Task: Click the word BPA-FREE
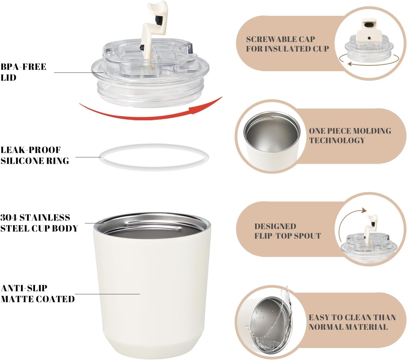(x=23, y=67)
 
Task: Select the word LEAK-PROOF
(x=31, y=150)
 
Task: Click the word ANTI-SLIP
(x=24, y=288)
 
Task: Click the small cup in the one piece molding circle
(x=272, y=141)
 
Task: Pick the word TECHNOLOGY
(x=337, y=140)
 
